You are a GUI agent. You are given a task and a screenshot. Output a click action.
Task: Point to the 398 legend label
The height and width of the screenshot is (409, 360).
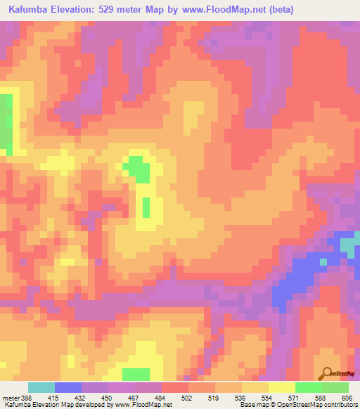[20, 398]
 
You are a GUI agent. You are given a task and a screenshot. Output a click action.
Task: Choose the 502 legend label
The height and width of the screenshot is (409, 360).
[186, 398]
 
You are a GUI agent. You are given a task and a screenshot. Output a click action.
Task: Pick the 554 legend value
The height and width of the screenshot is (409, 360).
[267, 398]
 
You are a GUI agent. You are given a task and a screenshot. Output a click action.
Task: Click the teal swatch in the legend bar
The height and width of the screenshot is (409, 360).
[41, 387]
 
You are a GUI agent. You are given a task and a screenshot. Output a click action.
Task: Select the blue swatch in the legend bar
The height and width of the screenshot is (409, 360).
[68, 387]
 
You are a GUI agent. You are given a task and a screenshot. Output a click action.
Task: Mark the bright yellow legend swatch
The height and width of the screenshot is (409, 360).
[282, 387]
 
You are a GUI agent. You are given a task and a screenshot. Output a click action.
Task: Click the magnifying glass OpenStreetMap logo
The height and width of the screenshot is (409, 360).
[328, 373]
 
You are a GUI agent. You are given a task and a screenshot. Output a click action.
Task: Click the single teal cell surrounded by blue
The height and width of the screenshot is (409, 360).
[323, 261]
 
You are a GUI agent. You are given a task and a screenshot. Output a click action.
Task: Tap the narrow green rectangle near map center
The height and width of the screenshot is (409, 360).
[146, 207]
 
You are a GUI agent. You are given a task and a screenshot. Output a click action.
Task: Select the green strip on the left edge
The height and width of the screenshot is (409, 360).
[6, 123]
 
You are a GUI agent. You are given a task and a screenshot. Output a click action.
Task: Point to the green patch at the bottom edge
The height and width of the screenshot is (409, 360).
[136, 373]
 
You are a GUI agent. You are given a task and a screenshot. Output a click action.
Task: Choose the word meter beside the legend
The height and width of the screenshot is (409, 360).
[9, 398]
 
